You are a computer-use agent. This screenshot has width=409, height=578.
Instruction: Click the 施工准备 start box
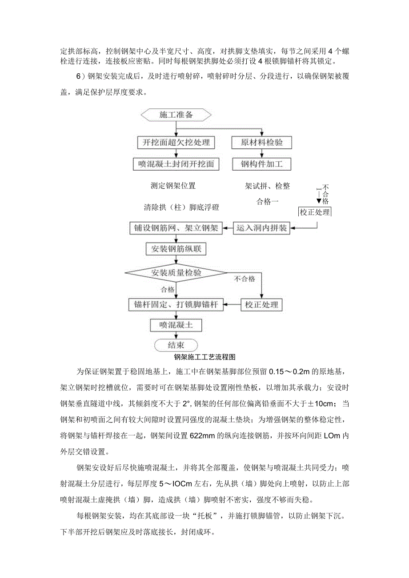tap(176, 115)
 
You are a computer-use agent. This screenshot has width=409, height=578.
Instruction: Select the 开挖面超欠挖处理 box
tap(176, 143)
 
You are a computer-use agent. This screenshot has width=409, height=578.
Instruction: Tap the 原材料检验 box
tap(261, 143)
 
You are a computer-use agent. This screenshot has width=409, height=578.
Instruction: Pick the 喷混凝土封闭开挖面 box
tap(176, 164)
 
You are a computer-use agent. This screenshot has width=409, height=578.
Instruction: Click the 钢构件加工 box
tap(261, 164)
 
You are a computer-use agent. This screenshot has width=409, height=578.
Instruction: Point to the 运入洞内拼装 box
tap(261, 228)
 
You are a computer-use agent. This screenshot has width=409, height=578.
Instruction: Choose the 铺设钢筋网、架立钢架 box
tap(176, 228)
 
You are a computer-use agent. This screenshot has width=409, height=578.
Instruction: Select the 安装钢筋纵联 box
tap(176, 249)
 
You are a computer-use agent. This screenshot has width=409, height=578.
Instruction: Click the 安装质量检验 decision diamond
tap(176, 272)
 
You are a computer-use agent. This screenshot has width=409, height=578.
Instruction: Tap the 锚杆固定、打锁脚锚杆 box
tap(176, 305)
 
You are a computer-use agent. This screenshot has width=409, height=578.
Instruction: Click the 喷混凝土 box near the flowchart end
tap(176, 325)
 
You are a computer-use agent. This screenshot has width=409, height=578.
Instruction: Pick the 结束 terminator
tap(176, 345)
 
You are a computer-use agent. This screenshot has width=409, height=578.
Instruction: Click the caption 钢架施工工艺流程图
tap(204, 356)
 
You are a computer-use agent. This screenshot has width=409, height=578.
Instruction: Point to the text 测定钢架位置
tap(173, 186)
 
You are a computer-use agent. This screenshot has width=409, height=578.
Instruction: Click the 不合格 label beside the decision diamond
tap(245, 279)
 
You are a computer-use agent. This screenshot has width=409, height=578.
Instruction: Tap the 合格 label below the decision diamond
tap(168, 290)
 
